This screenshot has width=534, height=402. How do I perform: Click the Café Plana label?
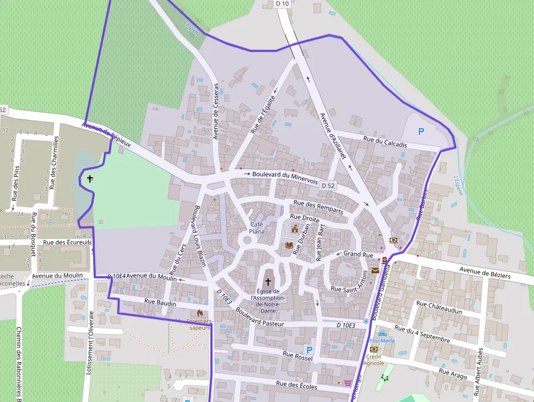pos(257,228)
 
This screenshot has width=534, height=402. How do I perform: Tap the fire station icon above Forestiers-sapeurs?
pos(200,313)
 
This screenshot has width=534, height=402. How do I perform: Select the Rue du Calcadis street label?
pos(385,141)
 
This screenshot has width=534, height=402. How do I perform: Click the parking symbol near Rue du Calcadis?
pos(420,131)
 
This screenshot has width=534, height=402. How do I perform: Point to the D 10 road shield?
pos(282,4)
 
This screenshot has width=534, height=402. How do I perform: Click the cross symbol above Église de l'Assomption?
pos(268,281)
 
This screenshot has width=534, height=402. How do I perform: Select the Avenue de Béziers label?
pos(485,272)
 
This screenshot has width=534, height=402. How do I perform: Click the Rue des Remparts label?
pos(318,206)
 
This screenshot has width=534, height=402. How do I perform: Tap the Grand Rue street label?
pos(358,254)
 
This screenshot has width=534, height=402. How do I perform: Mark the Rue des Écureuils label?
pos(68,242)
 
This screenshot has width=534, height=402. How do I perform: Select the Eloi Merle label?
pos(386,340)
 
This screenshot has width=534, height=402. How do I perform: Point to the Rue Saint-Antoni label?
pos(348,290)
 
